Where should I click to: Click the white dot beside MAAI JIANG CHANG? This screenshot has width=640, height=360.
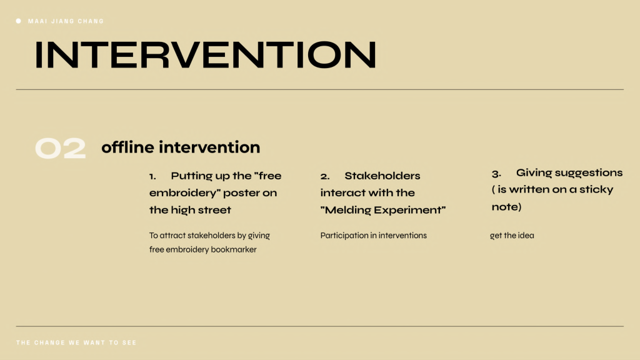[18, 21]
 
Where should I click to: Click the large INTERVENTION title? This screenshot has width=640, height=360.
[205, 55]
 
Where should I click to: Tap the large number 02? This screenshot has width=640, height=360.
[61, 147]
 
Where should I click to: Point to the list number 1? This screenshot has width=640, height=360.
[152, 176]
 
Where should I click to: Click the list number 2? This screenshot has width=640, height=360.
[325, 176]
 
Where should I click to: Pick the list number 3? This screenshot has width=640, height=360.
[496, 174]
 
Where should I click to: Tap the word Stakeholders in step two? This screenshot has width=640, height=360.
[382, 176]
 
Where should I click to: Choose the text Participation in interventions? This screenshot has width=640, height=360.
[374, 236]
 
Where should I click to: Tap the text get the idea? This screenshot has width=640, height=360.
[512, 236]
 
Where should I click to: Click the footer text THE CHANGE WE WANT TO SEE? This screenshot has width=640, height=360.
[76, 342]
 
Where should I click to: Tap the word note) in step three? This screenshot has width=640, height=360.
[506, 207]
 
